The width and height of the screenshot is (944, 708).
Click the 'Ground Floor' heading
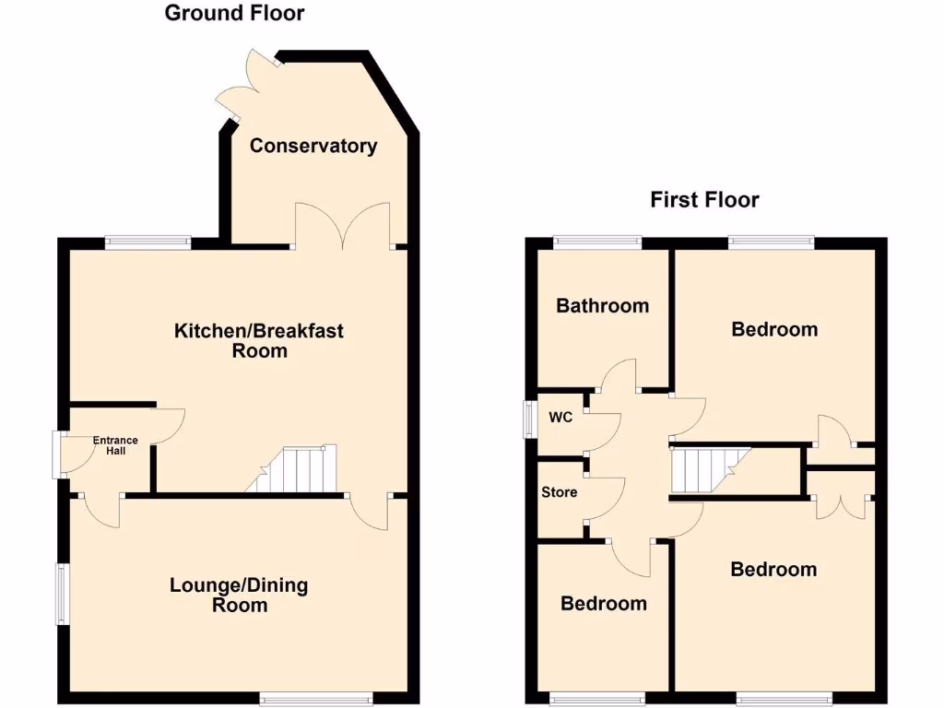click(234, 13)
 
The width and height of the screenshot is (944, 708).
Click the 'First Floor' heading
click(704, 199)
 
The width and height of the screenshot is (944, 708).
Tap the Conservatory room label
click(313, 146)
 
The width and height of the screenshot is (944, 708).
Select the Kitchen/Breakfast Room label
click(259, 340)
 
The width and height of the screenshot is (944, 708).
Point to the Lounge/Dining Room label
click(239, 595)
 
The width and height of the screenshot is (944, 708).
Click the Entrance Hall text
click(115, 445)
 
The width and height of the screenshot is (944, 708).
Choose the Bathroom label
click(602, 305)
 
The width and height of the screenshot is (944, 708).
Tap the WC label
click(560, 418)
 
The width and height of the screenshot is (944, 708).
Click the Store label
click(560, 492)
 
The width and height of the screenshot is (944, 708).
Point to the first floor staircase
click(710, 470)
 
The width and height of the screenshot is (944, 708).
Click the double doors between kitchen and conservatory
click(343, 227)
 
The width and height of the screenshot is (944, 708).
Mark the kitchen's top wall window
click(147, 242)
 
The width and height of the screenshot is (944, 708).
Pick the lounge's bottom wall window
click(315, 698)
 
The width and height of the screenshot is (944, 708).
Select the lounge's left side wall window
click(63, 594)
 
